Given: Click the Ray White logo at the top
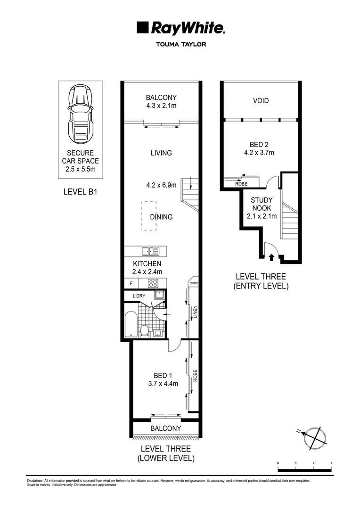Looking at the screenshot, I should pyautogui.click(x=180, y=28).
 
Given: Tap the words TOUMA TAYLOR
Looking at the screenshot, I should pyautogui.click(x=180, y=45).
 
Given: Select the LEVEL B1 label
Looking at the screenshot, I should pyautogui.click(x=80, y=192).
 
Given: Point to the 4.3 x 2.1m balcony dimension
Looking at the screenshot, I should pyautogui.click(x=161, y=106).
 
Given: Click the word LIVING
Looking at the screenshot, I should pyautogui.click(x=161, y=153).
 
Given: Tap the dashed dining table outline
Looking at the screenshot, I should pyautogui.click(x=149, y=215).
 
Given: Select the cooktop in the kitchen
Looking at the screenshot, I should pyautogui.click(x=154, y=283).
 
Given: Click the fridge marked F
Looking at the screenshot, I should pyautogui.click(x=131, y=284).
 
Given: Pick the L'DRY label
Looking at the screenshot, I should pyautogui.click(x=139, y=296).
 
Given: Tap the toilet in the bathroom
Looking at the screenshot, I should pyautogui.click(x=145, y=329).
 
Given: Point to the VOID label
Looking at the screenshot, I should pyautogui.click(x=261, y=100).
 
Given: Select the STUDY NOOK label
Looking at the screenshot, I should pyautogui.click(x=261, y=204).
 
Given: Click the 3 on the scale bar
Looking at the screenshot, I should pyautogui.click(x=331, y=463).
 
